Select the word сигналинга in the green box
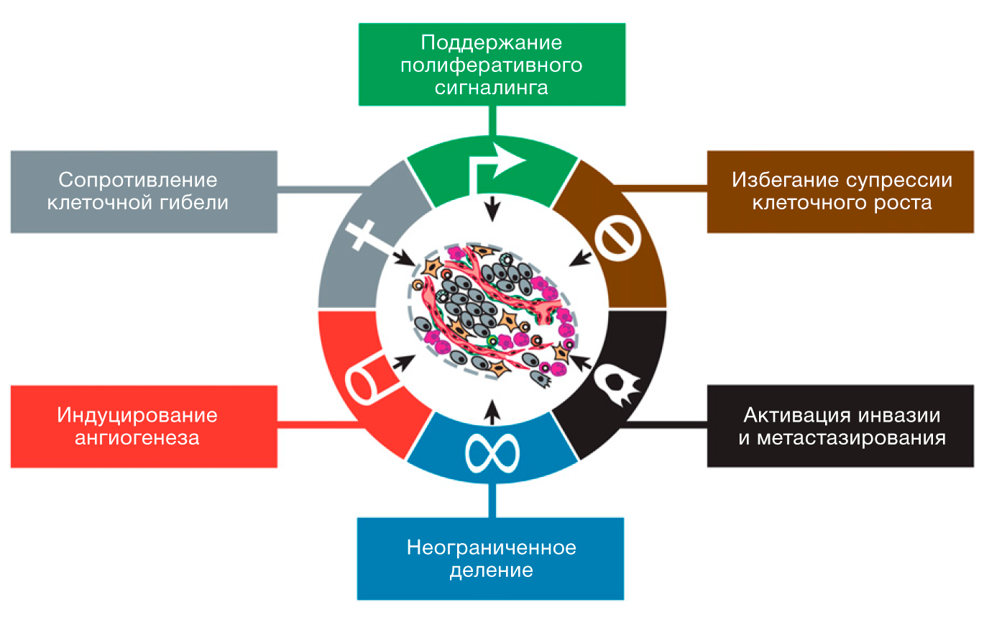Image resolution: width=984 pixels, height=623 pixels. coord(491,88)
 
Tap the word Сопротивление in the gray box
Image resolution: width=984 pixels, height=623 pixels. coord(137,181)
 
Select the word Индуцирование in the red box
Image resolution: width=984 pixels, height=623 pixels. coord(137,416)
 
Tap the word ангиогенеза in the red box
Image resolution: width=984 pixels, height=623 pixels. coord(137,438)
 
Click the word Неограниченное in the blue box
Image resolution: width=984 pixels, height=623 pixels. coord(491,547)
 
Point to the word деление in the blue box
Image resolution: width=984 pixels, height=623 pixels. coord(491,570)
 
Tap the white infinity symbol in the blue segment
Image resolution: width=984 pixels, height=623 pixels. coord(492,453)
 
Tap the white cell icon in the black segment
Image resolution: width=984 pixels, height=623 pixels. coord(619,385)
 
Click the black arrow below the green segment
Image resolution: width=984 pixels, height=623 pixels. coord(492,209)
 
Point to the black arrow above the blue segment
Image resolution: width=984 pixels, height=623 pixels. coord(492,412)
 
